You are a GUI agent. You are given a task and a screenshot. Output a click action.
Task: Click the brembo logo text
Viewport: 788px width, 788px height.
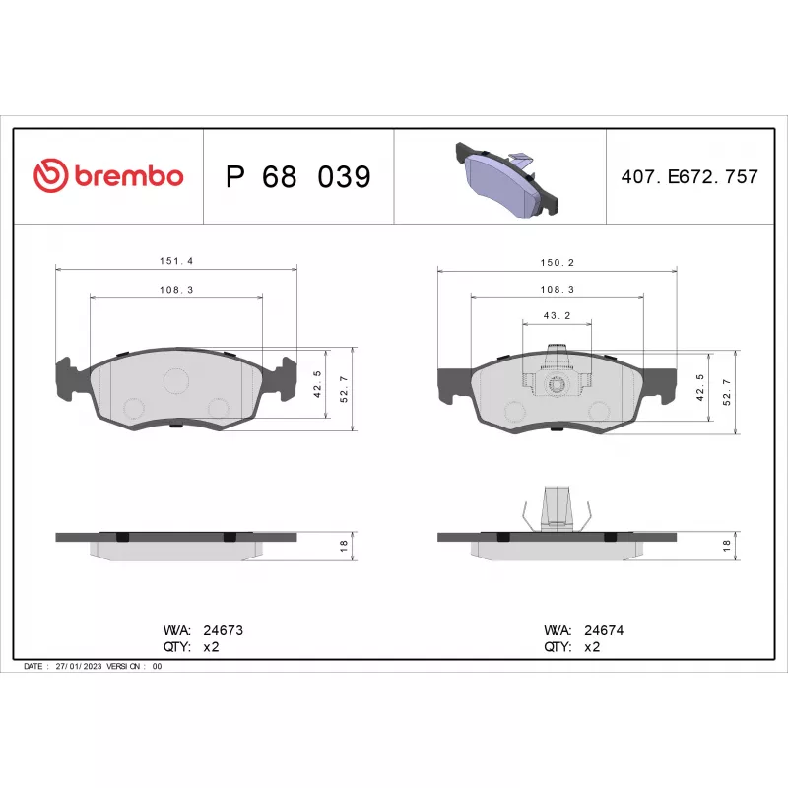tap(129, 176)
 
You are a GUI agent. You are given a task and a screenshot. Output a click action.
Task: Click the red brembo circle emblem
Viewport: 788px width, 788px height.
tap(51, 175)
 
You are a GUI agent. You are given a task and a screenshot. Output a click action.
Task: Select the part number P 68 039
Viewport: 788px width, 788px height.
tap(298, 176)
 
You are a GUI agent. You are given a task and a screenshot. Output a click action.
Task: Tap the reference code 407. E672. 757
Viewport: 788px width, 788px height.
tap(689, 176)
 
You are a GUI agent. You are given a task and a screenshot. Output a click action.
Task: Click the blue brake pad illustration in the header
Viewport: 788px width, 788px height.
tap(506, 180)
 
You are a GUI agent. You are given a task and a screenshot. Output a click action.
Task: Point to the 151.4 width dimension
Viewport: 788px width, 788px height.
tap(176, 261)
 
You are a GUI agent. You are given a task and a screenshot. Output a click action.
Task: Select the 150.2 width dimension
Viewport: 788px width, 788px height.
tap(558, 262)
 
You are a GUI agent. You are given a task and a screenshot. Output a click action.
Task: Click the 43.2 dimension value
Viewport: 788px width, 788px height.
tap(558, 315)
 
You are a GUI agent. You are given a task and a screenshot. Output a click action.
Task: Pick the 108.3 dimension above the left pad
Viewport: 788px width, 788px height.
tap(176, 290)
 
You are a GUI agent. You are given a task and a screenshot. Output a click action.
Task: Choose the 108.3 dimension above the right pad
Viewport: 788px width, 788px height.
tap(558, 289)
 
